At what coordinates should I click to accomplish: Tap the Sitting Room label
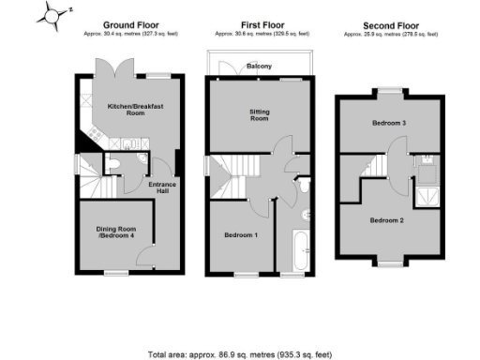coord(259,115)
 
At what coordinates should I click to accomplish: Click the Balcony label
coord(260,67)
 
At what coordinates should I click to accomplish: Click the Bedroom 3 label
coord(387,124)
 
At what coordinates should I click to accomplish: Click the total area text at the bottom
coord(238,355)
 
